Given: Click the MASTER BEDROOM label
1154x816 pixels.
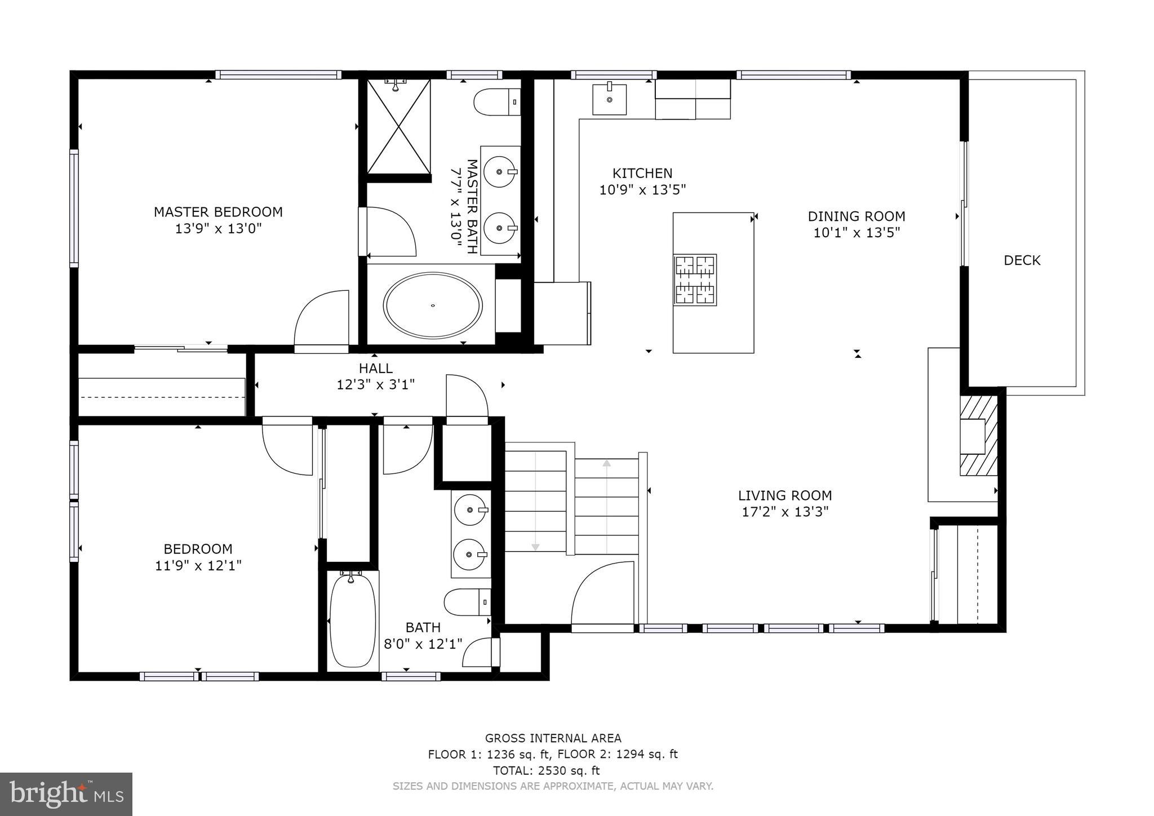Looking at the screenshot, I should coord(218,212).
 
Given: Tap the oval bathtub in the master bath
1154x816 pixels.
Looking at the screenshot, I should coord(432,305).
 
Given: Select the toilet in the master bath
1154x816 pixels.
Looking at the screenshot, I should coord(496,102).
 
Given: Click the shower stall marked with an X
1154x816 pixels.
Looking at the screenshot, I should coord(398,126).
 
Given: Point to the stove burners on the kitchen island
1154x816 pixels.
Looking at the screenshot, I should coord(695,280).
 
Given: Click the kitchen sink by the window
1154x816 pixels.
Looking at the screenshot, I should coord(609,99).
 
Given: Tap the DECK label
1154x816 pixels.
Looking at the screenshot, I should coord(1022,260).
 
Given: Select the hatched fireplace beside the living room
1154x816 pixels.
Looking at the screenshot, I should coord(978,435).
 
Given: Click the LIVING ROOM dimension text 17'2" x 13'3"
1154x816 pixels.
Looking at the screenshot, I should coord(785,512).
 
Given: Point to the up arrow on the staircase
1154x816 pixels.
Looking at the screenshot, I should coord(606,464).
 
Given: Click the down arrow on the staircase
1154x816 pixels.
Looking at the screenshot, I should coord(535,547).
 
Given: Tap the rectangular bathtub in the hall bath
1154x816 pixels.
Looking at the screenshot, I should coord(352,620).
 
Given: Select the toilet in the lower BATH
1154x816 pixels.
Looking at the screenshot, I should coord(467,602).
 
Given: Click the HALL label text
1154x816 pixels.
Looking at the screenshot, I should coord(376,369).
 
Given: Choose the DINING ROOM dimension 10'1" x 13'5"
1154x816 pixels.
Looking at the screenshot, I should coord(856,232).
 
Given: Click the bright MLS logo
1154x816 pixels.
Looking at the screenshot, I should coord(66,795).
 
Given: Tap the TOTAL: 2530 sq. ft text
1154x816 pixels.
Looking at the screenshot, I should coord(546,770).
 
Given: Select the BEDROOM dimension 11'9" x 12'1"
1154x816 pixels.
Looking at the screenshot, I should coord(198,565).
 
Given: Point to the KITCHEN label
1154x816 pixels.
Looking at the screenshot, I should coord(642,174).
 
